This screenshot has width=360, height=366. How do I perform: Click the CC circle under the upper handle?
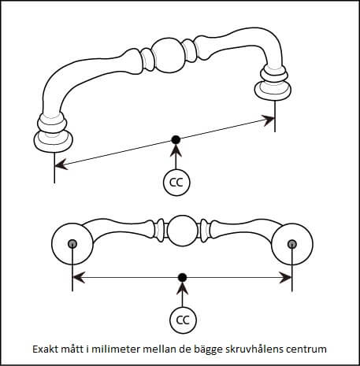pyautogui.click(x=176, y=183)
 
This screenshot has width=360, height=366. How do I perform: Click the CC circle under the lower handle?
pyautogui.click(x=183, y=320)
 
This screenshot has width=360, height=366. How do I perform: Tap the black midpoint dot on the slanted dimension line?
pyautogui.click(x=176, y=140)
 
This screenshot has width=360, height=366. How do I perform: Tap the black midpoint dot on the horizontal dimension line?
pyautogui.click(x=182, y=277)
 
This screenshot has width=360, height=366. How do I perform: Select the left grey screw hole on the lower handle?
pyautogui.click(x=72, y=244)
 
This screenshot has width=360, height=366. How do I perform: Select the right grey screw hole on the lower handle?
pyautogui.click(x=292, y=244)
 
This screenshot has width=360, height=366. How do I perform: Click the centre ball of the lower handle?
pyautogui.click(x=182, y=231)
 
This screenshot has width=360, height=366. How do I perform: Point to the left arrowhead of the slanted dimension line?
pyautogui.click(x=61, y=165)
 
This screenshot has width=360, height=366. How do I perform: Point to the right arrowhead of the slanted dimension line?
pyautogui.click(x=268, y=120)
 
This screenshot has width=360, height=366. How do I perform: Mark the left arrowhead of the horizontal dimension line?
pyautogui.click(x=79, y=278)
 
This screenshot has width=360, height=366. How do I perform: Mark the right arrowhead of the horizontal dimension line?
pyautogui.click(x=285, y=278)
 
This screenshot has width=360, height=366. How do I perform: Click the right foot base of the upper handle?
pyautogui.click(x=273, y=91)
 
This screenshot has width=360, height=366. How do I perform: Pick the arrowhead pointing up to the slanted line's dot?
pyautogui.click(x=176, y=150)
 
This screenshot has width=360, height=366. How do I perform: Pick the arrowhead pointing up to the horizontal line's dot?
pyautogui.click(x=183, y=287)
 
